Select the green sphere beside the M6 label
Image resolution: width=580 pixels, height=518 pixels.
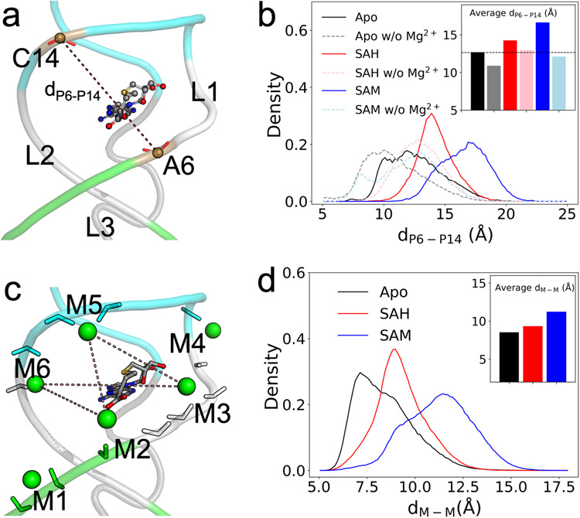coord(36,383)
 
